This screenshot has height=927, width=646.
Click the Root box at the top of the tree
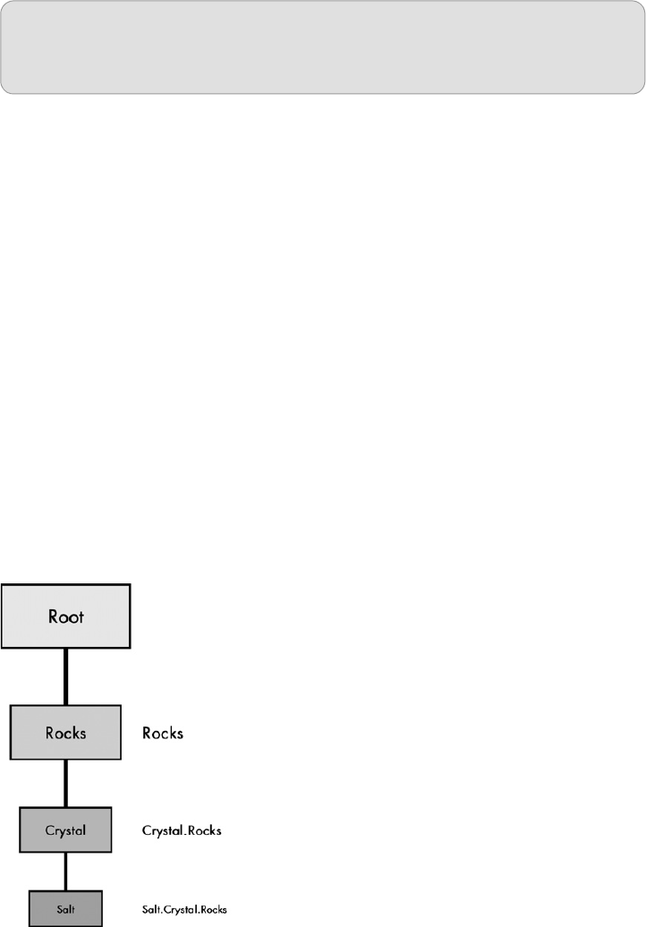[x=65, y=616]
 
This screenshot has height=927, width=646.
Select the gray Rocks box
[x=65, y=732]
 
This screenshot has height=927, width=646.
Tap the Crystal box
[x=65, y=829]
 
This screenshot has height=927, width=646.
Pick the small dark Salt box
[x=65, y=908]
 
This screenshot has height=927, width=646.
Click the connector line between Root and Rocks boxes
[x=65, y=676]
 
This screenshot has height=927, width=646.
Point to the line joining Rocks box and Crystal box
[x=65, y=783]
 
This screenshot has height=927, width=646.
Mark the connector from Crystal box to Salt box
[x=65, y=871]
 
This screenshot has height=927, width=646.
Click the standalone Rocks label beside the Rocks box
[x=163, y=733]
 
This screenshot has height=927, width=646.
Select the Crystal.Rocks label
[x=182, y=830]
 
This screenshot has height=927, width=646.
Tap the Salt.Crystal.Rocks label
[x=184, y=909]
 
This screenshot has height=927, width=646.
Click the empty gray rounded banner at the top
[x=322, y=47]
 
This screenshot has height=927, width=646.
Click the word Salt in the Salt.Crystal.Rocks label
[x=151, y=909]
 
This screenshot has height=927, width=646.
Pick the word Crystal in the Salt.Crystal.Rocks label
[x=179, y=909]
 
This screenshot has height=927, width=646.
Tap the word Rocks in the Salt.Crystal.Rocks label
[x=213, y=909]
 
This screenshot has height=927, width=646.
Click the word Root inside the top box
[x=65, y=617]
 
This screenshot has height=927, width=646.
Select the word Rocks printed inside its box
[x=65, y=733]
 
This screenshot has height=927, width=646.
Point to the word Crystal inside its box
[x=65, y=830]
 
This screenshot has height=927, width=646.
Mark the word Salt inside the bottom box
[x=65, y=909]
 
